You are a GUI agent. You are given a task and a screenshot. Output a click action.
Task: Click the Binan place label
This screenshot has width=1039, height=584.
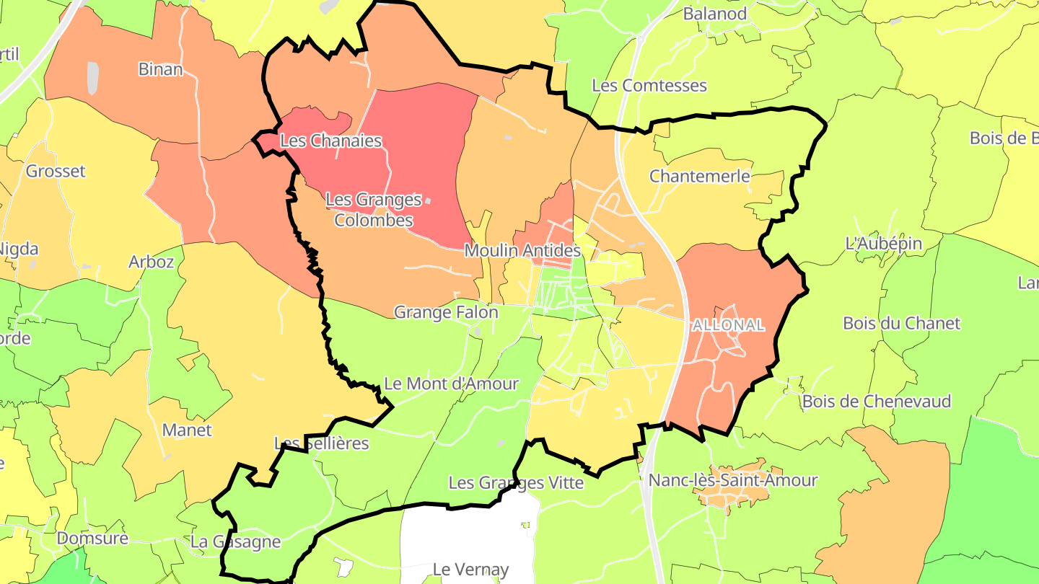pyautogui.click(x=160, y=69)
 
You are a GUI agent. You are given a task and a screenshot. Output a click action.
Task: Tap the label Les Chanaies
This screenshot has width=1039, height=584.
pyautogui.click(x=330, y=141)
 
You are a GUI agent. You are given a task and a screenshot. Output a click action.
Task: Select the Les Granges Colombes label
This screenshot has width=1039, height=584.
pyautogui.click(x=373, y=209)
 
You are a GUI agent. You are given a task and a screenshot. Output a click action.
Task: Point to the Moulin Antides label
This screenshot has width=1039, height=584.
pyautogui.click(x=522, y=250)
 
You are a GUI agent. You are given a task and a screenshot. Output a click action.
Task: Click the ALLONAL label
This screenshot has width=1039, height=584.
pyautogui.click(x=728, y=325)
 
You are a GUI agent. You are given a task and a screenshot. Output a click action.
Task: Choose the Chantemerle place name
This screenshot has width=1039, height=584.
pyautogui.click(x=700, y=176)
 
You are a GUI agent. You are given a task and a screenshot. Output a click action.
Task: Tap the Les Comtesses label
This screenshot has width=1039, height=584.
pyautogui.click(x=649, y=85)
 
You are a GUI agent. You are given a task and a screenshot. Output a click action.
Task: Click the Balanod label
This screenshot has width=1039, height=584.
pyautogui.click(x=714, y=13)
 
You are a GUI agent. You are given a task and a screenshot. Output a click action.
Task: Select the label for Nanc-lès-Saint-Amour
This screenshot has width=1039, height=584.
pyautogui.click(x=733, y=479)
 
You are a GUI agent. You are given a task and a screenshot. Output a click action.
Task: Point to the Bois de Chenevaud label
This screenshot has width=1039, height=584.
pyautogui.click(x=877, y=401)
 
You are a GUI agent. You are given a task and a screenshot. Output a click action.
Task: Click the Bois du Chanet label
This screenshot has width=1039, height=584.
pyautogui.click(x=902, y=323)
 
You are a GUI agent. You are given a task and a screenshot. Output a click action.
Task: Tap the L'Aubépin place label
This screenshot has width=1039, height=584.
pyautogui.click(x=883, y=243)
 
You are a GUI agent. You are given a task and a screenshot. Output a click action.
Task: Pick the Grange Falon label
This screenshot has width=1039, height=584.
pyautogui.click(x=445, y=312)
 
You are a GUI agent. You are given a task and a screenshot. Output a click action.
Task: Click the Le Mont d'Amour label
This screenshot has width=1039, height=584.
pyautogui.click(x=451, y=384)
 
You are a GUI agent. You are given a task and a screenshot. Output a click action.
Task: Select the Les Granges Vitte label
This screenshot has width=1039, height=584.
pyautogui.click(x=516, y=482)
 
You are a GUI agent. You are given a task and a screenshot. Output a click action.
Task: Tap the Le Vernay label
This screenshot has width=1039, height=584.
pyautogui.click(x=470, y=570)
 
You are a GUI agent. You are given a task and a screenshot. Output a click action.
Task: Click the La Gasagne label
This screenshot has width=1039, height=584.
pyautogui.click(x=235, y=541)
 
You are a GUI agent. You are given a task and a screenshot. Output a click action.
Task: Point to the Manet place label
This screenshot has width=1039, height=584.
pyautogui.click(x=187, y=430)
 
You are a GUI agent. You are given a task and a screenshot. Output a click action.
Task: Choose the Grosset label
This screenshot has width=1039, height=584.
pyautogui.click(x=56, y=171)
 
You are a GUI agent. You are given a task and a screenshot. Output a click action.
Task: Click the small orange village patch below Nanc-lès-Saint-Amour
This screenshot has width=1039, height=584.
pyautogui.click(x=729, y=497)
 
